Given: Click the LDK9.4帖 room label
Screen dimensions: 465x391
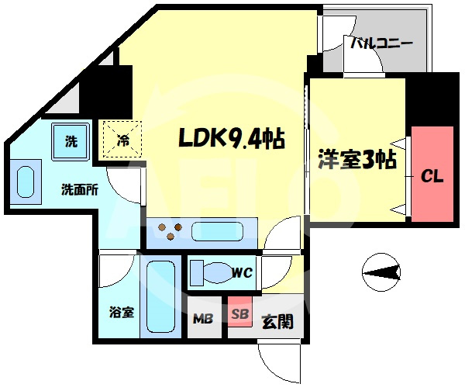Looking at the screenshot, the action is pos(232,138).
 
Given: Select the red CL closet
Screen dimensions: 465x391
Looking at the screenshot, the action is pos(432,174).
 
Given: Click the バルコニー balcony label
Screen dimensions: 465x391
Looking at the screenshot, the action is pos(381,43).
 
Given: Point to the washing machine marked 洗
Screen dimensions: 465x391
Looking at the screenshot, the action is pos(71,142).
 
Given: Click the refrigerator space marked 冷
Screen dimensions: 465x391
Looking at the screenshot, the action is pos(122,139).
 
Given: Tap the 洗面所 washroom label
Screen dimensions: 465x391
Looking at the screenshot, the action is pos(80,190).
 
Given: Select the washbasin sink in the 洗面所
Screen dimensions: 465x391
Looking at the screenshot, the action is pos(26,182).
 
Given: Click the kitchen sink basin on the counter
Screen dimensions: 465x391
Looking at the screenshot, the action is pos(217,231).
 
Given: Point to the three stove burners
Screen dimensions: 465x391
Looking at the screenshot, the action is pos(170,230).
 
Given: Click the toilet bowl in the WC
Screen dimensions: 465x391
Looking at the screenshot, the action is pos(219,272).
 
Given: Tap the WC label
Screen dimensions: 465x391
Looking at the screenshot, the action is pos(243,272).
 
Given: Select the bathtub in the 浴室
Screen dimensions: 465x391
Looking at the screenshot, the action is pos(160,296).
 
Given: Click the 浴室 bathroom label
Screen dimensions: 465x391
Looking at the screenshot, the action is pos(122,313).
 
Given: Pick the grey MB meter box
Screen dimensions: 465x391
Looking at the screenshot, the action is pos(205,317).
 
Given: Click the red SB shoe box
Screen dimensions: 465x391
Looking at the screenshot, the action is pos(240,311).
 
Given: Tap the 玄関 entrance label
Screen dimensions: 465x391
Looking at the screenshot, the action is pos(277,321).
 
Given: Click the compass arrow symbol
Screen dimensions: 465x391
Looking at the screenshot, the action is pos(381,272).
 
